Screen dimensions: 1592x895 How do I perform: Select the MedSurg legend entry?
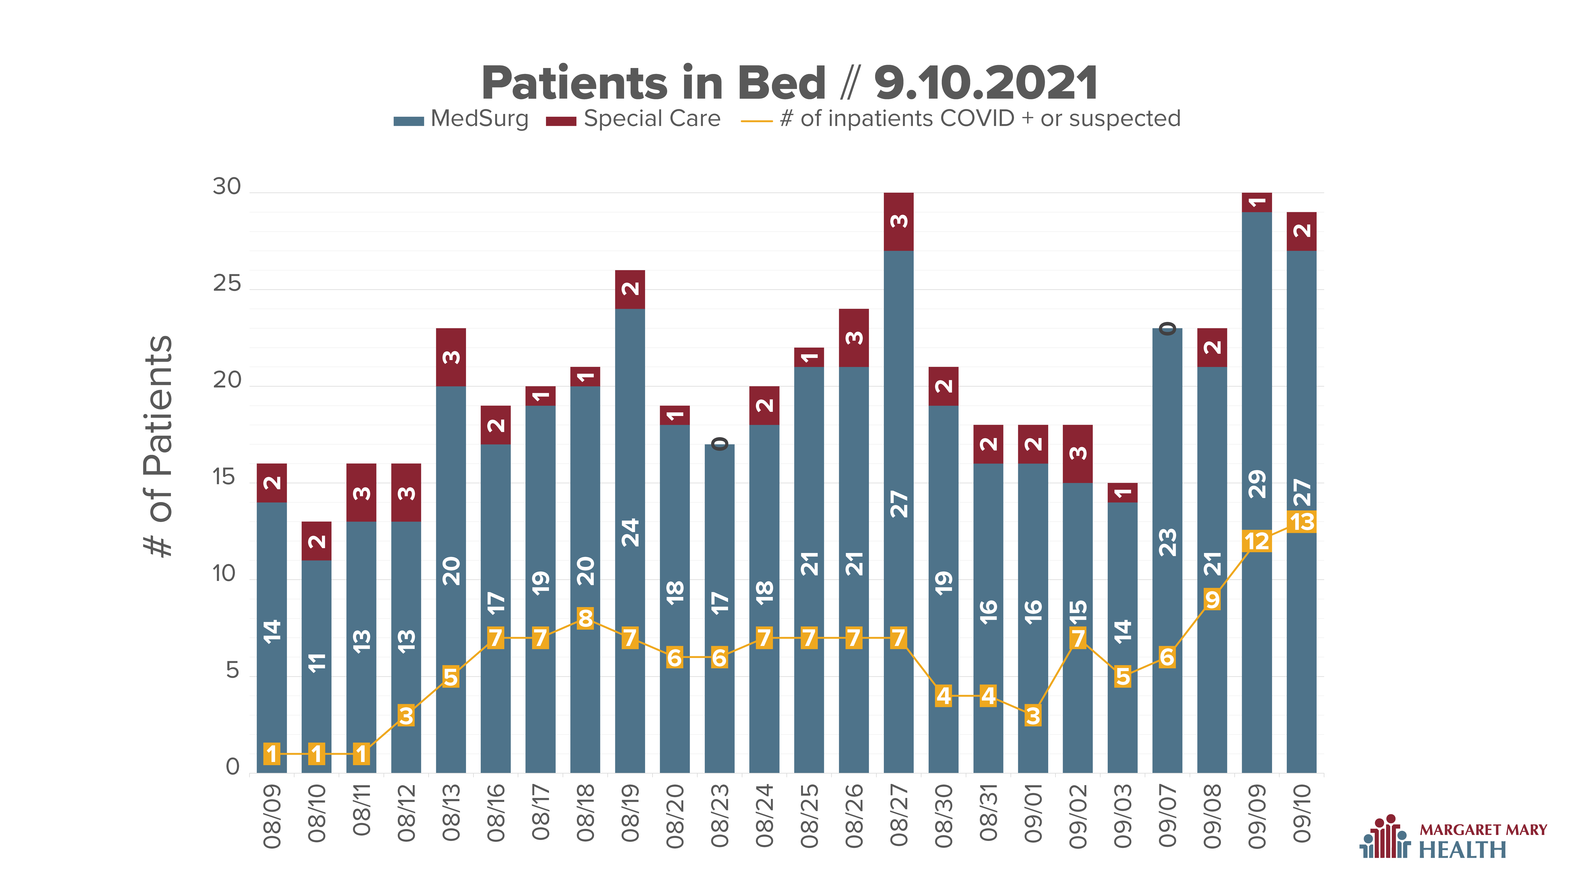coord(461,119)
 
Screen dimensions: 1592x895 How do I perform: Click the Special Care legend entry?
coord(633,119)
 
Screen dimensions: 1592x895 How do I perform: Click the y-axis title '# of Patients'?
coord(158,446)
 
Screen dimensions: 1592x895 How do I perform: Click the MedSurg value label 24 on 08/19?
coord(630,533)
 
